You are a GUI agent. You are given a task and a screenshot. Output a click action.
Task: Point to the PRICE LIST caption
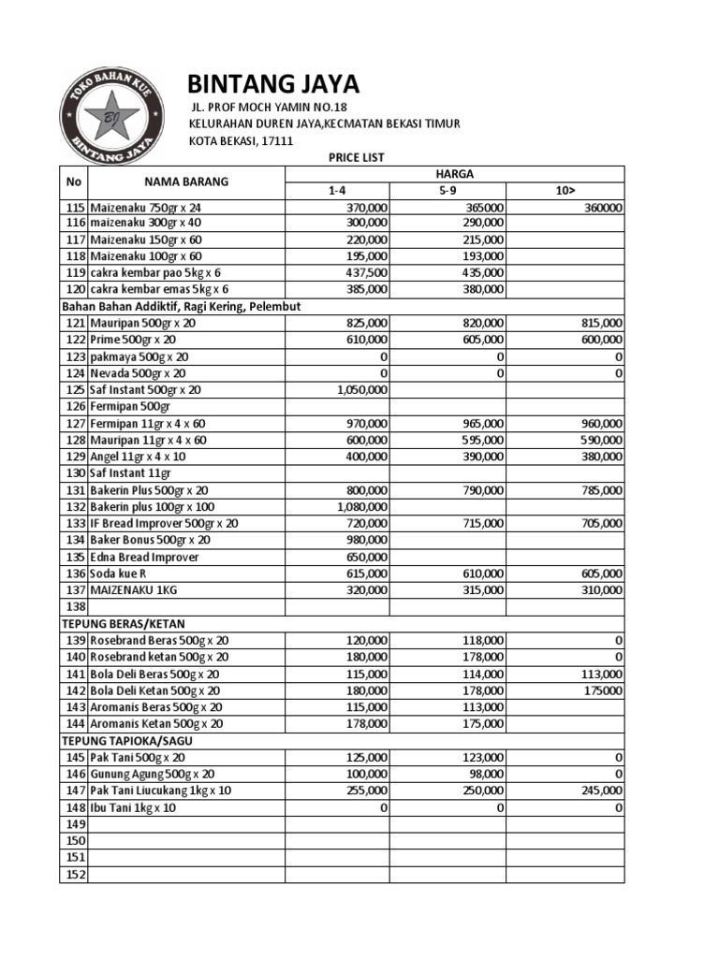tap(356, 158)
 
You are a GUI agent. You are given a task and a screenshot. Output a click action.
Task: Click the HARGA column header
tap(454, 174)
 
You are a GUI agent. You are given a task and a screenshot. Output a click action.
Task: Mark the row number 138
tap(74, 607)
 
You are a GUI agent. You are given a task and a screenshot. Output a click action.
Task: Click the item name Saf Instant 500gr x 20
tap(145, 389)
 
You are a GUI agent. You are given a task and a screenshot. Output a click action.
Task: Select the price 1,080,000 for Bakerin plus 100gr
tap(360, 507)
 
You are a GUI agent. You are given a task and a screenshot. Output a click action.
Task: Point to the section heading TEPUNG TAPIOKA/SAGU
tap(130, 740)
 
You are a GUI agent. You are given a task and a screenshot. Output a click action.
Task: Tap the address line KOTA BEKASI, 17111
tap(242, 141)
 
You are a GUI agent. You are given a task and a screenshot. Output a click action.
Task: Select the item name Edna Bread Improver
tap(144, 557)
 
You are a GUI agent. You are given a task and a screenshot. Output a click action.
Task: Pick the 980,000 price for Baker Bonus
tap(366, 540)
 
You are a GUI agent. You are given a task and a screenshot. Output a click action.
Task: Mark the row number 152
tap(74, 875)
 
